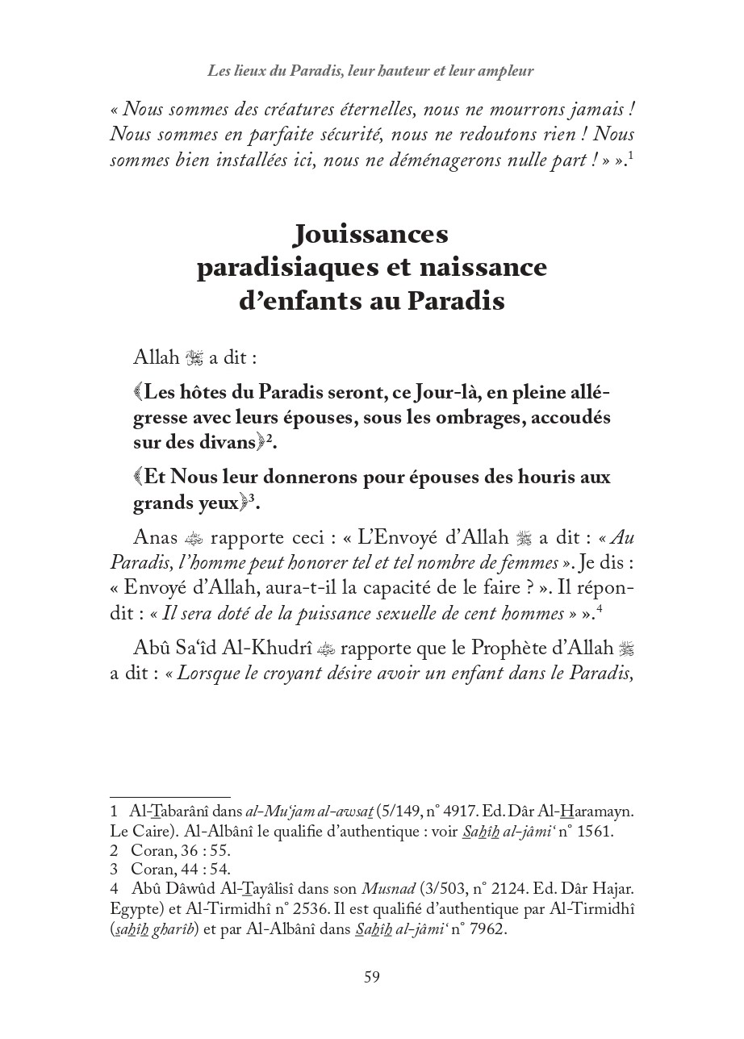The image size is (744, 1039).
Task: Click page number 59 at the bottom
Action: (x=372, y=977)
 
